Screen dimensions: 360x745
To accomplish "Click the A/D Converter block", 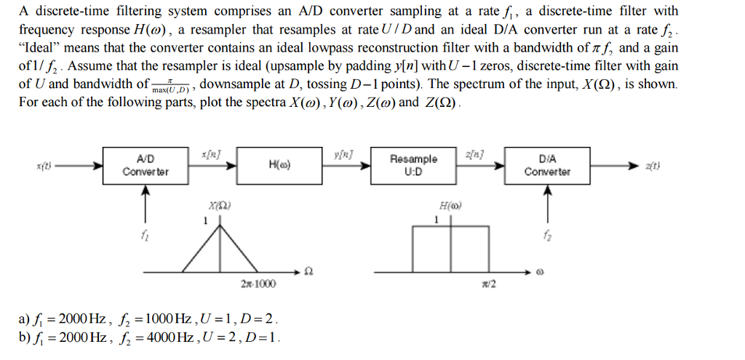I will [146, 166].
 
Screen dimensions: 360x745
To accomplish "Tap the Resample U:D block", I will [414, 166].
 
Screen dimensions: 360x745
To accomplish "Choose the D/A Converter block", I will [548, 166].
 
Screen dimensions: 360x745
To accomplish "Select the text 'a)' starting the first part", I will [25, 319].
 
